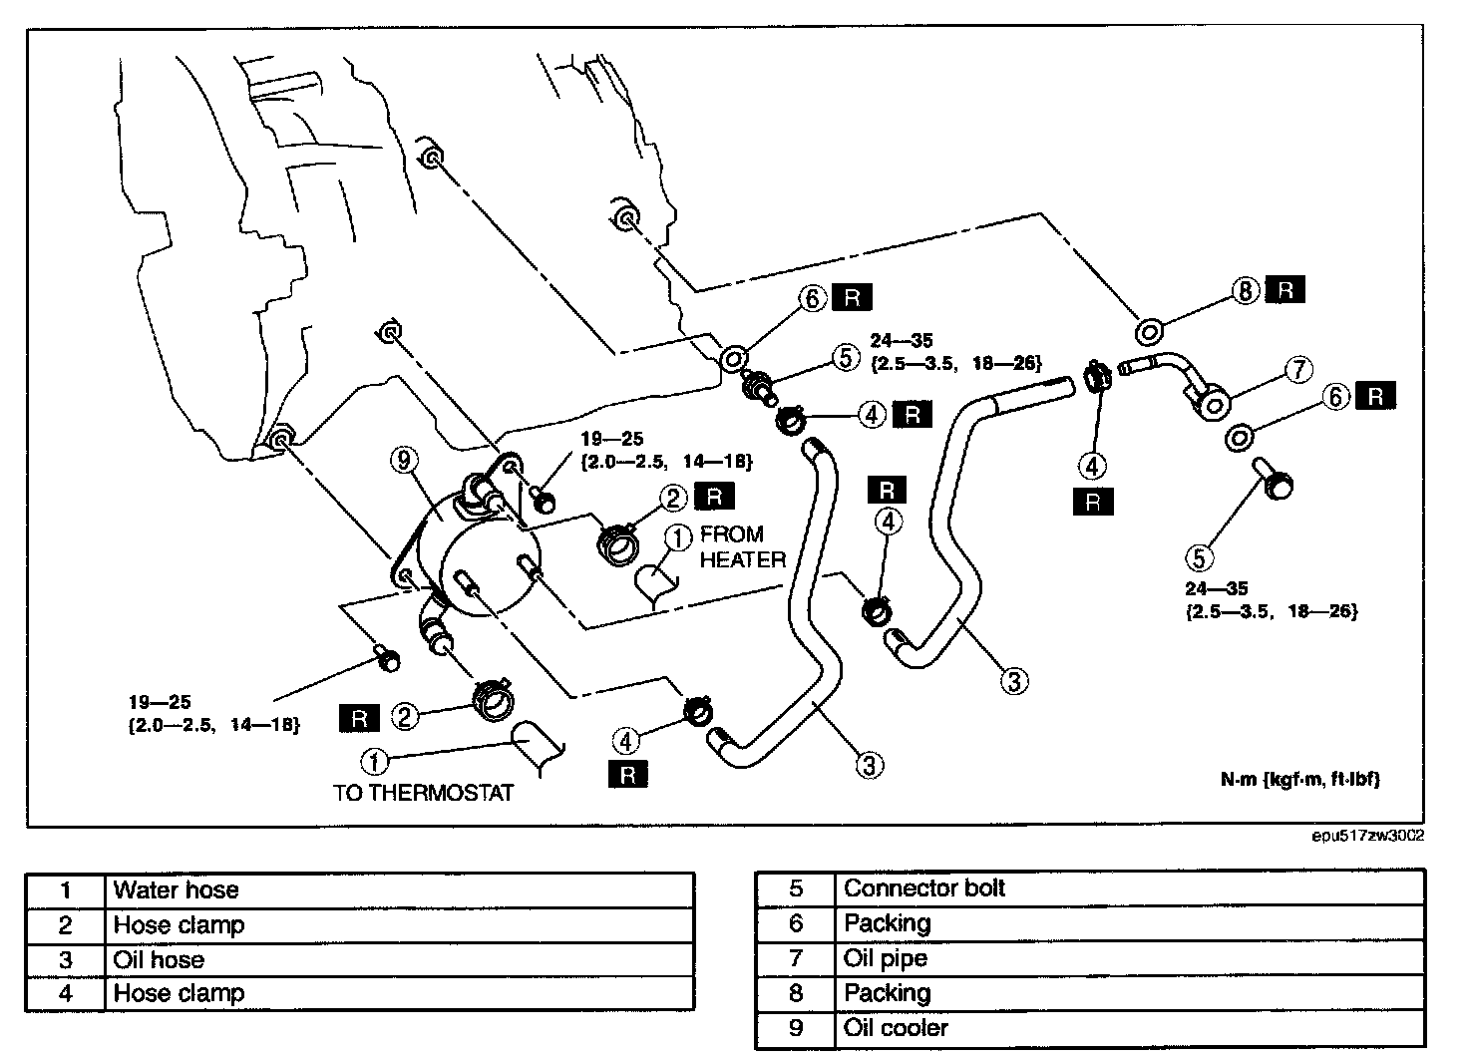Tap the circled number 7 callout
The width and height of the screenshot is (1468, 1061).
[1297, 370]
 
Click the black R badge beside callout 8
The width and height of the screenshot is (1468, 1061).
[1285, 290]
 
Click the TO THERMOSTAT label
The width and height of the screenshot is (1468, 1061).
[424, 793]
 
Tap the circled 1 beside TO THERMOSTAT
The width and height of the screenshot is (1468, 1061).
[374, 762]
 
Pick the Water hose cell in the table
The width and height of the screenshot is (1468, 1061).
[177, 890]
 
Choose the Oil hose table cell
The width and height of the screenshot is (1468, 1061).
[160, 960]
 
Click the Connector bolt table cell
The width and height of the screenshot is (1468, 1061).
[924, 888]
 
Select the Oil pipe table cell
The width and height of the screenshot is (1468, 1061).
[886, 958]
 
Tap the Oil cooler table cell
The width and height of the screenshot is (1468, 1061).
[896, 1028]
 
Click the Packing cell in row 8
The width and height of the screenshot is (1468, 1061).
[888, 993]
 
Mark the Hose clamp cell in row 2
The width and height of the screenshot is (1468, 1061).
[180, 925]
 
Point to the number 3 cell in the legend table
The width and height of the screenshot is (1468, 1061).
[65, 960]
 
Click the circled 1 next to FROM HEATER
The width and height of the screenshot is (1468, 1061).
[677, 538]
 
